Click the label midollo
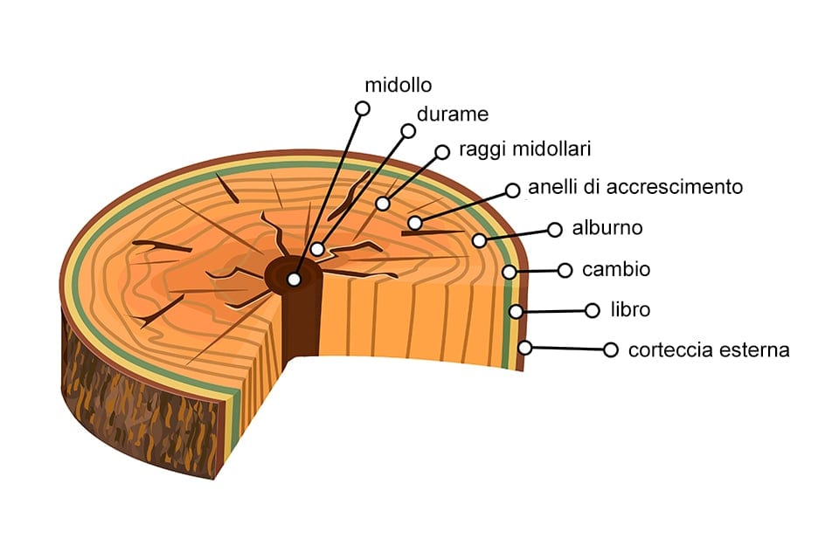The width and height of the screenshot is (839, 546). (399, 85)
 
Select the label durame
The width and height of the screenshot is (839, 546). (452, 114)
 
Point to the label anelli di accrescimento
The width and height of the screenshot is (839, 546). (635, 187)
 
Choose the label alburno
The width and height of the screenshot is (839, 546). (607, 228)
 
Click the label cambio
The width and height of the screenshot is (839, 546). (616, 269)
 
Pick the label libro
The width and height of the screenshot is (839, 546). (630, 309)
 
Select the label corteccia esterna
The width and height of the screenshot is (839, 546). (709, 350)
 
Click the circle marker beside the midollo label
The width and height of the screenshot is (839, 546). (362, 108)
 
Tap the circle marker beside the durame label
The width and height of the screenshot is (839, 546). (407, 131)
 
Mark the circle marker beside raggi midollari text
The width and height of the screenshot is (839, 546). (442, 151)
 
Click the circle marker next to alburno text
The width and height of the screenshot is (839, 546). (554, 230)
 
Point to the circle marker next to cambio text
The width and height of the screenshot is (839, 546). (565, 270)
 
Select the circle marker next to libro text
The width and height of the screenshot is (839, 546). (593, 310)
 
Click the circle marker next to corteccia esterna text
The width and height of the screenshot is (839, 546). (610, 349)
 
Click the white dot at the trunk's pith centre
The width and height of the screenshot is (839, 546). (294, 280)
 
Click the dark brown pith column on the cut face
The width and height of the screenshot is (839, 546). (302, 323)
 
